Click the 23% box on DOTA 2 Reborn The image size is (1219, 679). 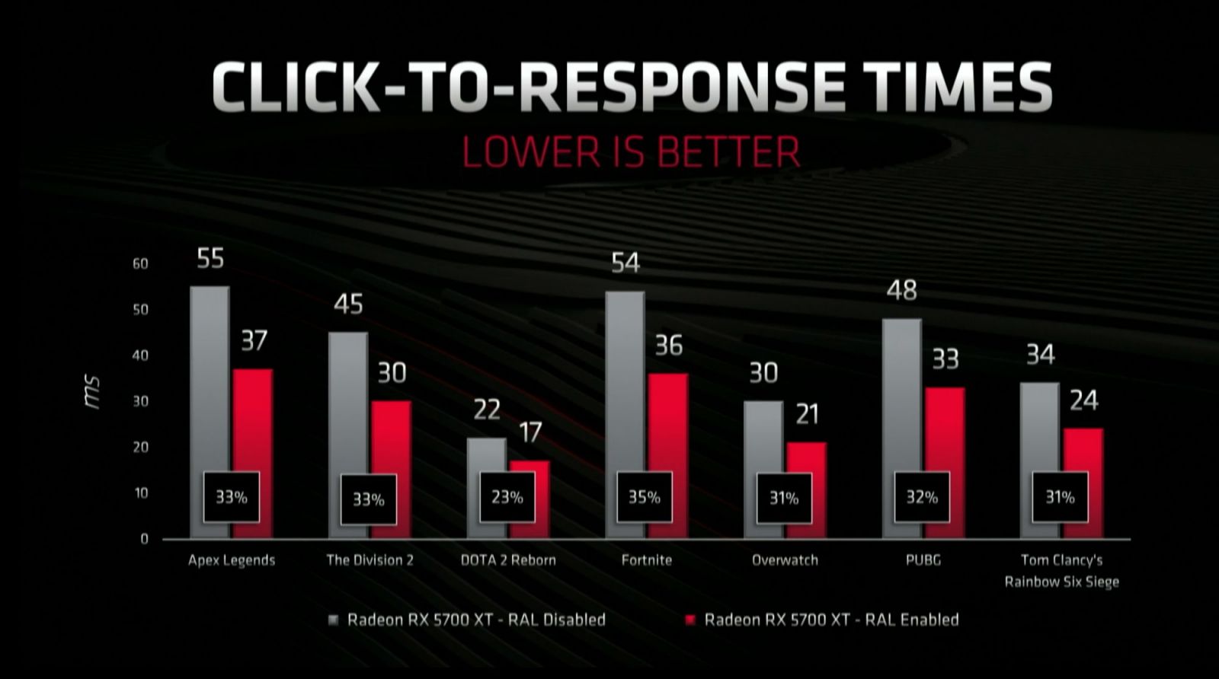507,497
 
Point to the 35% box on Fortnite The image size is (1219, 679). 645,497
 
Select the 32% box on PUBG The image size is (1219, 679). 922,497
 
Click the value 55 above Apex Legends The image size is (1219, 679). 210,259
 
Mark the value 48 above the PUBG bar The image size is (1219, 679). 902,290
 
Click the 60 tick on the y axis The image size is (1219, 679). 140,264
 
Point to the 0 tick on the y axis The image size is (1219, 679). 144,539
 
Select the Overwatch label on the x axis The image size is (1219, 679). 785,560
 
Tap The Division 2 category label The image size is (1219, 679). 370,560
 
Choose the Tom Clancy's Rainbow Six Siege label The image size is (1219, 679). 1061,571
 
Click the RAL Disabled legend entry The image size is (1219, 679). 475,620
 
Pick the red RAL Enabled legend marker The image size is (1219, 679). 690,620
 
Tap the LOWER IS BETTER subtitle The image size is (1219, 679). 632,151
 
